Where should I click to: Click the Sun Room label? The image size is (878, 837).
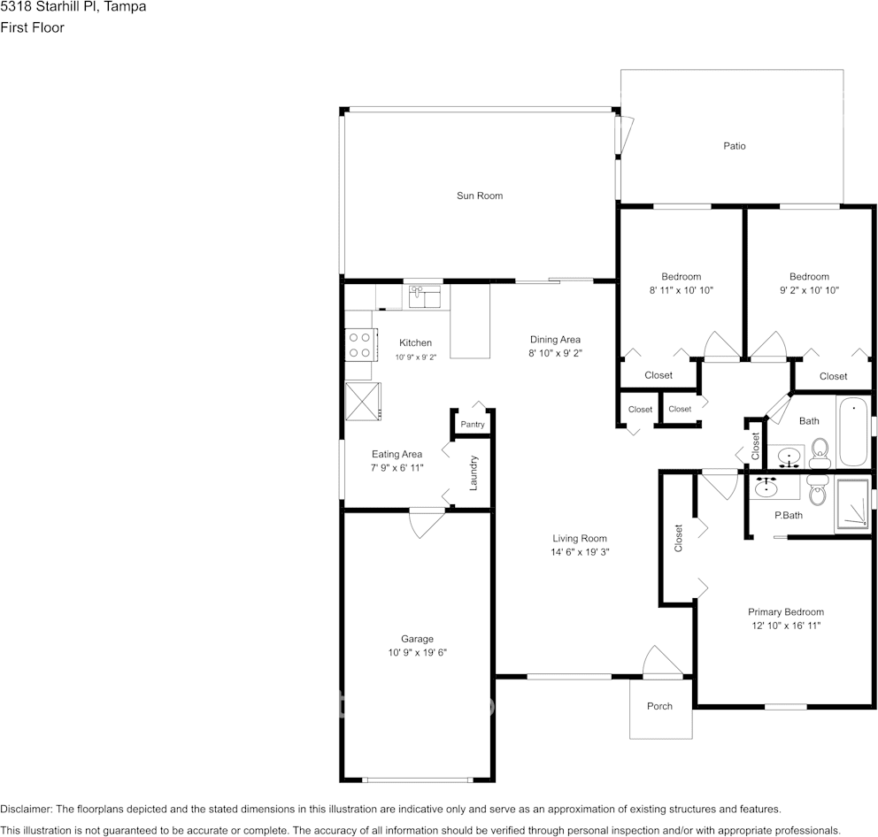480,196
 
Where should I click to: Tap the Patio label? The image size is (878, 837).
734,146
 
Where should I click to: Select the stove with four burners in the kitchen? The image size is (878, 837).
359,345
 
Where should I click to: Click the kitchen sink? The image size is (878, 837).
425,296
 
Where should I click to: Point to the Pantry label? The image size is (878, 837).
473,425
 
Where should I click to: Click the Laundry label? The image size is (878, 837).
474,473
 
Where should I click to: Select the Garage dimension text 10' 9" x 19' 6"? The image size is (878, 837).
417,652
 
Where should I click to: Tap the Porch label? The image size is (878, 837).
659,706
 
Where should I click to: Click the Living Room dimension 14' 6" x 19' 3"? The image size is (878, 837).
580,551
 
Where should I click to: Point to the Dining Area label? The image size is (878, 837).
555,339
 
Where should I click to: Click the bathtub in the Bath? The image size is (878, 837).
852,432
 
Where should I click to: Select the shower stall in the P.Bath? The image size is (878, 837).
853,503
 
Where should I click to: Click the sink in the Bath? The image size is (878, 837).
789,457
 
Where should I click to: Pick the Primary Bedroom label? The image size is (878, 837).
786,612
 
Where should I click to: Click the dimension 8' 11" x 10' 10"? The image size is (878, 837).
681,290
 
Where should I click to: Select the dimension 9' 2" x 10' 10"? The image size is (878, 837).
809,290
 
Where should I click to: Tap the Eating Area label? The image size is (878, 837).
397,454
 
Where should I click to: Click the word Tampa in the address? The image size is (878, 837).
125,7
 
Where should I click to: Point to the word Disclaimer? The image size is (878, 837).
26,809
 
